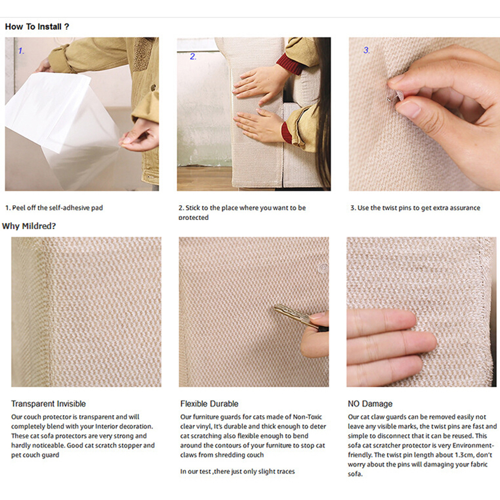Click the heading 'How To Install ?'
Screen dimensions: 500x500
point(37,26)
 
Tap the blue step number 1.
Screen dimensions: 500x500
point(21,51)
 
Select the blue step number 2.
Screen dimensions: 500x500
point(193,56)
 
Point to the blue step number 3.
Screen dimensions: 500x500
point(366,50)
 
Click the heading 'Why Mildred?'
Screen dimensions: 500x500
point(29,226)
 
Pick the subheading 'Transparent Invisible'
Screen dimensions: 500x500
point(48,404)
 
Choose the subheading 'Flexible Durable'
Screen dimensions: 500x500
point(209,404)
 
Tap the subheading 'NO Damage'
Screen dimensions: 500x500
point(370,404)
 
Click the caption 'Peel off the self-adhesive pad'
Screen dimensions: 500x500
point(57,208)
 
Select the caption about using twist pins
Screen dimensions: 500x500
point(415,208)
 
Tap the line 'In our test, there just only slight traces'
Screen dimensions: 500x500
point(237,471)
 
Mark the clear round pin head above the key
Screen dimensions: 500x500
point(323,268)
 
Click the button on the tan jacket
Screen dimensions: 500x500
point(153,87)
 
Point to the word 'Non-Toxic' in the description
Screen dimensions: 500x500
point(307,417)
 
